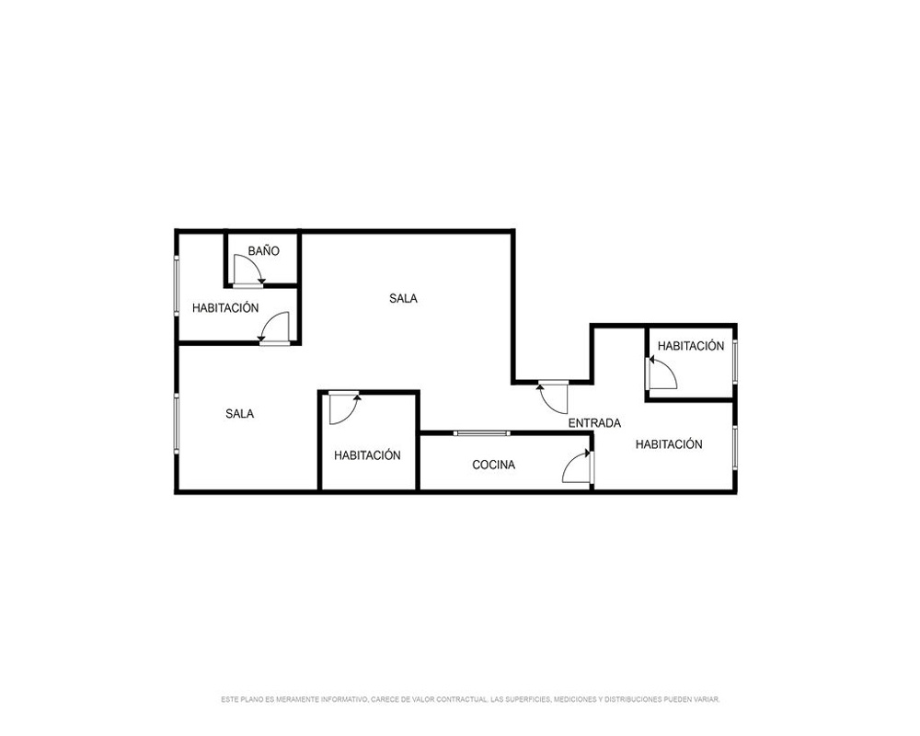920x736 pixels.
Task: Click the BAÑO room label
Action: click(x=263, y=251)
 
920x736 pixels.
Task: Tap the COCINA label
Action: click(x=493, y=465)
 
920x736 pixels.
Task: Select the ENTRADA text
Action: click(x=594, y=423)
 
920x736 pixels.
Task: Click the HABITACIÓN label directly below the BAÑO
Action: click(x=225, y=308)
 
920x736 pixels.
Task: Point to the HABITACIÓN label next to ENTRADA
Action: click(x=669, y=444)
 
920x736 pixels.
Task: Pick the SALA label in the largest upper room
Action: click(x=403, y=299)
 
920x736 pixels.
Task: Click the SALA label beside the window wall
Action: click(x=239, y=414)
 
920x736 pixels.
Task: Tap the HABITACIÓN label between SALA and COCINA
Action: click(x=367, y=455)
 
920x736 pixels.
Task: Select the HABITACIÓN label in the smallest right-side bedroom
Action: click(x=691, y=346)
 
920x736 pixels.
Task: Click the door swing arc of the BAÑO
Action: click(x=255, y=263)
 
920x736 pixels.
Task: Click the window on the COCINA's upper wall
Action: click(x=482, y=433)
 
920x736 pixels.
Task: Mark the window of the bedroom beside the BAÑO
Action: click(x=176, y=286)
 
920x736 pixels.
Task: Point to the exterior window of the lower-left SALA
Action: click(x=176, y=423)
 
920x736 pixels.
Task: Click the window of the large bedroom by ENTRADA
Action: click(x=734, y=446)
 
